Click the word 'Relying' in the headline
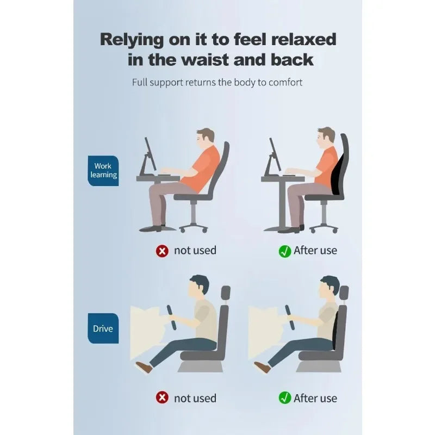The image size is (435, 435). click(x=132, y=40)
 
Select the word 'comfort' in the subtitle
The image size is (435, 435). click(x=285, y=83)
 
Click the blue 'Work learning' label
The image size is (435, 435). click(x=103, y=171)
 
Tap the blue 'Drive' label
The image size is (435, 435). click(x=103, y=328)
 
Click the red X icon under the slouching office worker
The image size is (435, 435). click(x=162, y=251)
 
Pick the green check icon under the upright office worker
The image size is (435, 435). click(x=284, y=251)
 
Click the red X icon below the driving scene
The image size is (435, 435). click(x=162, y=397)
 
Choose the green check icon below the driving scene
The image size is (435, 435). click(x=284, y=397)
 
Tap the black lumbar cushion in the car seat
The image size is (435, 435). click(x=335, y=330)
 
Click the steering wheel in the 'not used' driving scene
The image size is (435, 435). click(x=171, y=318)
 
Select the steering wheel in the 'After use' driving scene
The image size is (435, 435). click(x=289, y=318)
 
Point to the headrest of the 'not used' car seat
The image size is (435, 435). click(x=226, y=293)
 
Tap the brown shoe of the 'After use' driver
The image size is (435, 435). click(x=262, y=366)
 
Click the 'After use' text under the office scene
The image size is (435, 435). click(x=315, y=251)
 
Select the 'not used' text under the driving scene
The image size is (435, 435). click(x=195, y=399)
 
